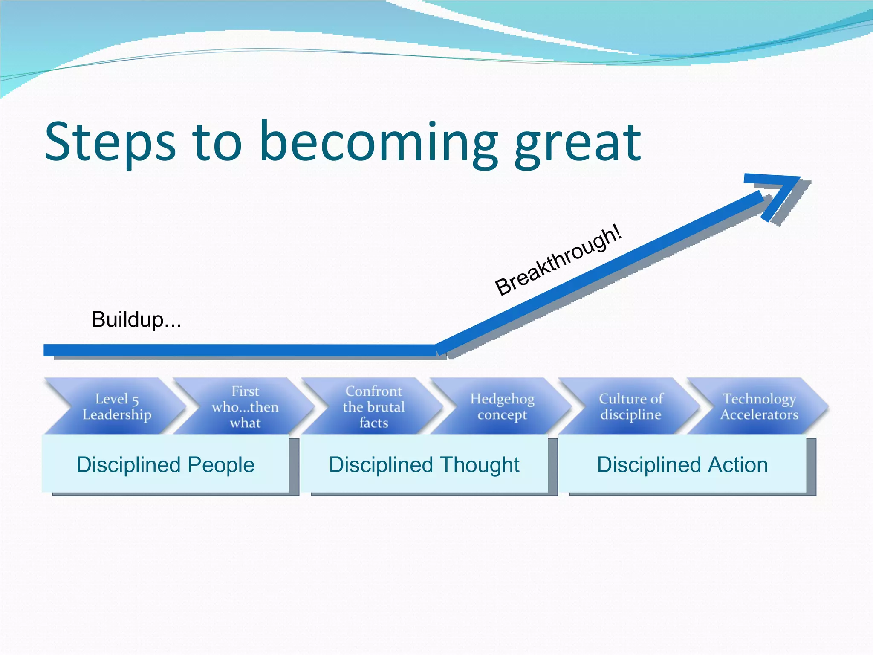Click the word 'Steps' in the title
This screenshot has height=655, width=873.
click(x=110, y=143)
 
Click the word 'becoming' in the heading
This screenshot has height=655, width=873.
click(x=379, y=145)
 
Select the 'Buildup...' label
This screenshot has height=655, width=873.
click(x=136, y=320)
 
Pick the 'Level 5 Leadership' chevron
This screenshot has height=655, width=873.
click(x=117, y=406)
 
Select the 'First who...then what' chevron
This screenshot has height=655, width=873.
click(x=245, y=406)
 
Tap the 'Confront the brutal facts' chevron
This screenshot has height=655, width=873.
click(x=373, y=406)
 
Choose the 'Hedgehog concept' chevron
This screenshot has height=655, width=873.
click(x=502, y=406)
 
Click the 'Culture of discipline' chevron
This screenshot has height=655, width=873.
click(x=630, y=406)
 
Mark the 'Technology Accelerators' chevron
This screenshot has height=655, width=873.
click(x=759, y=406)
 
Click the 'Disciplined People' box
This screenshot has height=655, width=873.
click(x=165, y=464)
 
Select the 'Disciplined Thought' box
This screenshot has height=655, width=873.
click(x=424, y=464)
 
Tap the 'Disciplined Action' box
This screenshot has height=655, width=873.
click(x=682, y=464)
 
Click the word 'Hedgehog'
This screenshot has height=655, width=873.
click(x=502, y=399)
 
